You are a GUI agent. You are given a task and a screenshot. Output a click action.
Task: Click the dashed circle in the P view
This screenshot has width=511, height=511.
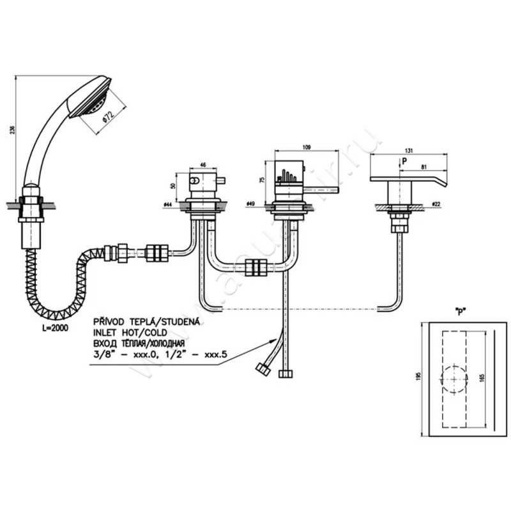coord(454,378)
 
